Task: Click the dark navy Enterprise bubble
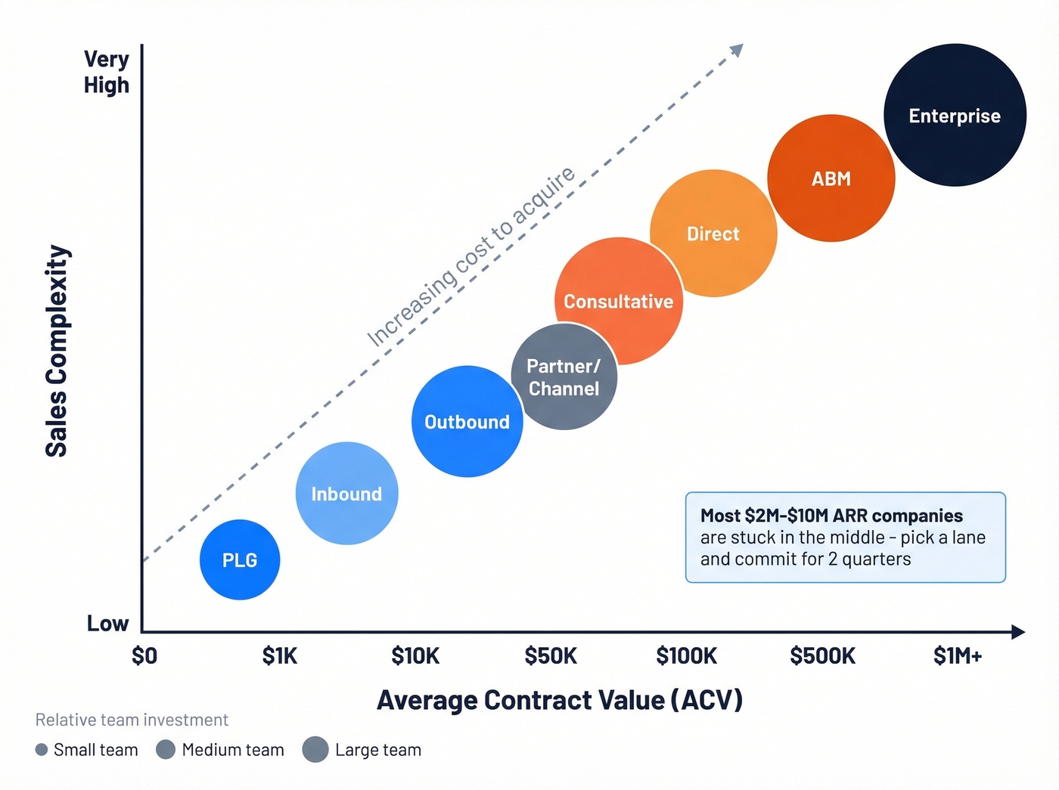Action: [x=955, y=115]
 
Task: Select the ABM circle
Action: [x=831, y=178]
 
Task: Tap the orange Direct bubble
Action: [x=713, y=233]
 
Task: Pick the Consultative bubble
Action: [x=618, y=301]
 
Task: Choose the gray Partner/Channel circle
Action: [x=564, y=377]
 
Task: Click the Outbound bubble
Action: [x=467, y=421]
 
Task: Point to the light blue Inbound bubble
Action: [x=346, y=493]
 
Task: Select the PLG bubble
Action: [x=240, y=559]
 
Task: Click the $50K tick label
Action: [x=551, y=655]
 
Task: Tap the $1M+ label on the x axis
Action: [x=958, y=655]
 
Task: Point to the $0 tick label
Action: [x=144, y=655]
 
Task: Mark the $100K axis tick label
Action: [x=686, y=655]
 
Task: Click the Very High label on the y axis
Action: [x=107, y=72]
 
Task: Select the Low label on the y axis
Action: [x=107, y=623]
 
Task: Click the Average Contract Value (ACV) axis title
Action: [x=560, y=700]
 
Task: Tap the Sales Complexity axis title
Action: [x=57, y=351]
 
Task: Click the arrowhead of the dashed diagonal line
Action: [x=737, y=50]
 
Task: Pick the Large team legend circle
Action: [x=315, y=749]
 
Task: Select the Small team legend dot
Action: [x=42, y=749]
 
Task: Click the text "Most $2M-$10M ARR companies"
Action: [x=831, y=516]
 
